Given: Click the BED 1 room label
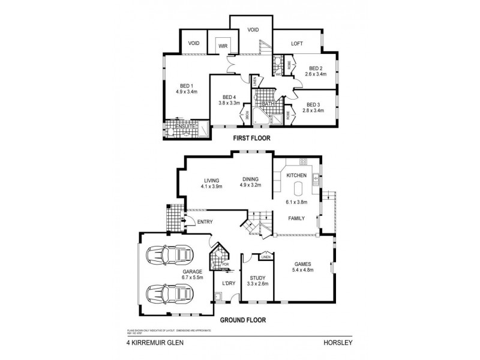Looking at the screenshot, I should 187,85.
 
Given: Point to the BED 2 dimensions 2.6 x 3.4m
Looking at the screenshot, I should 316,74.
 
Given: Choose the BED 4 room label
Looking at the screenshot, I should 229,97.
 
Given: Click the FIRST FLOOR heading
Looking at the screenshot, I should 248,138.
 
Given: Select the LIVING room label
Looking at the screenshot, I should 211,180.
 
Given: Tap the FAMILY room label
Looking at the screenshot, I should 296,218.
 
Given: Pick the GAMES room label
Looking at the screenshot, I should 302,263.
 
